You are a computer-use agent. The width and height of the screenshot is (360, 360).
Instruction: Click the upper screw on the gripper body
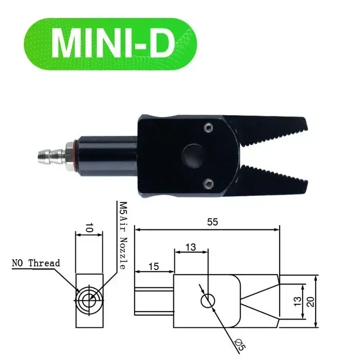pos(209,128)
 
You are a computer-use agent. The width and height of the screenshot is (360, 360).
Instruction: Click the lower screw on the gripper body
pos(209,182)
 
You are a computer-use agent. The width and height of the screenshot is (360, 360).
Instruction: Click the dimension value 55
pos(212,222)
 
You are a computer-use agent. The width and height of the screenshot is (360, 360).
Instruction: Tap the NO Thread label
pos(35,263)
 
